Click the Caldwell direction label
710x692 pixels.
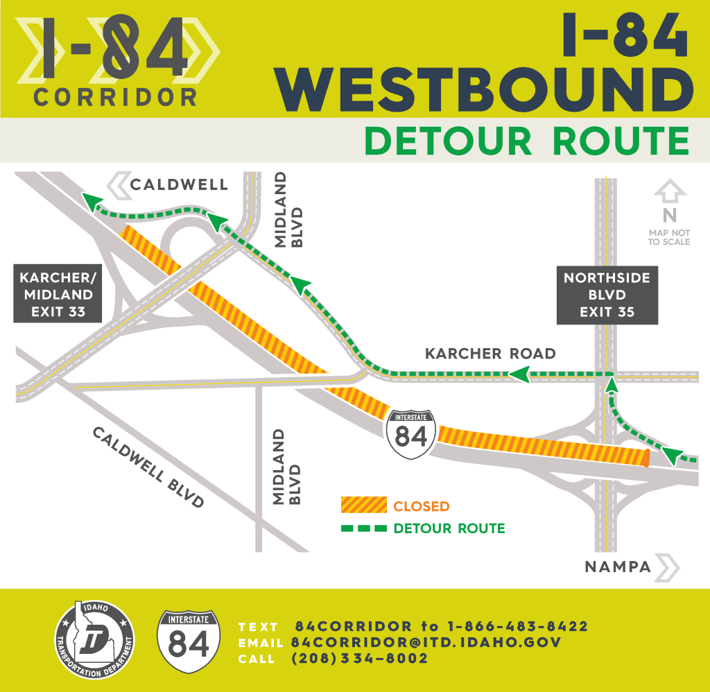pos(179,184)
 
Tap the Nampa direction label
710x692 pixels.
pos(618,567)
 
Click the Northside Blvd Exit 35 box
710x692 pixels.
pos(607,295)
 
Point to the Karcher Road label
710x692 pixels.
pos(490,354)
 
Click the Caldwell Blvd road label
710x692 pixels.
pos(148,467)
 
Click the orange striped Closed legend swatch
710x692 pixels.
pos(363,506)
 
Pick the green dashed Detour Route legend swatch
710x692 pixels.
pos(363,528)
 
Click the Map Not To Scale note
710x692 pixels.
pos(669,238)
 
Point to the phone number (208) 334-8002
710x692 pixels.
pos(360,659)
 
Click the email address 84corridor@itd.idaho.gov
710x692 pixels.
pos(426,643)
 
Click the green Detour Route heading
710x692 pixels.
pos(527,141)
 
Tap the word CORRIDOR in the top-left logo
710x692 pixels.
pos(115,98)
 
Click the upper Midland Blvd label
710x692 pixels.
pos(288,209)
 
